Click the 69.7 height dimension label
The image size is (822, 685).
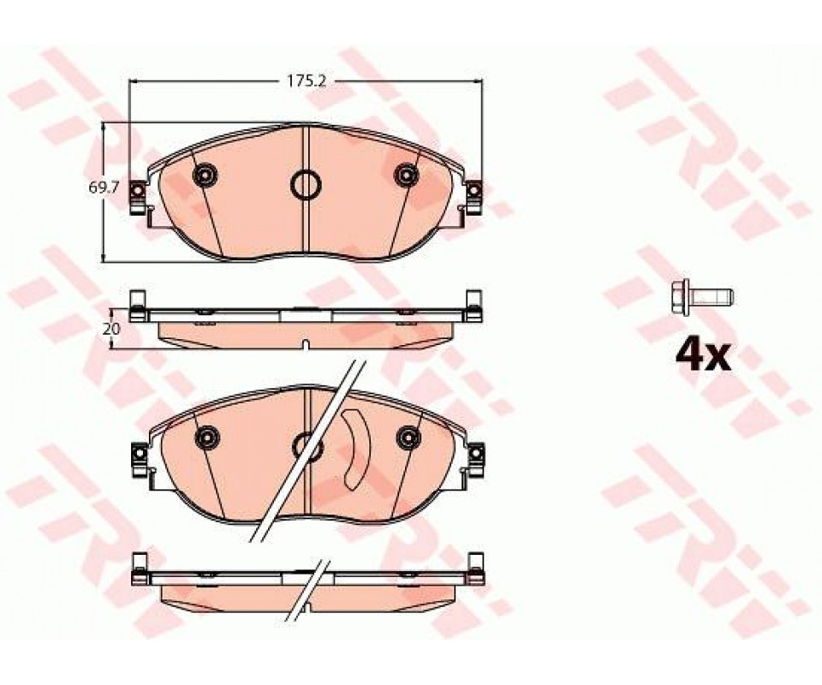[97, 188]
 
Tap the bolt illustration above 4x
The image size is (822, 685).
[702, 298]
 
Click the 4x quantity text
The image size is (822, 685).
[702, 356]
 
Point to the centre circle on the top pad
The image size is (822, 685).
[306, 185]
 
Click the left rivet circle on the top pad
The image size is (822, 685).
[205, 174]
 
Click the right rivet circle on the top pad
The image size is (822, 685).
[407, 174]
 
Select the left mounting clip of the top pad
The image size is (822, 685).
[137, 198]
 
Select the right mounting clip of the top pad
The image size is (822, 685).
[474, 198]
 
